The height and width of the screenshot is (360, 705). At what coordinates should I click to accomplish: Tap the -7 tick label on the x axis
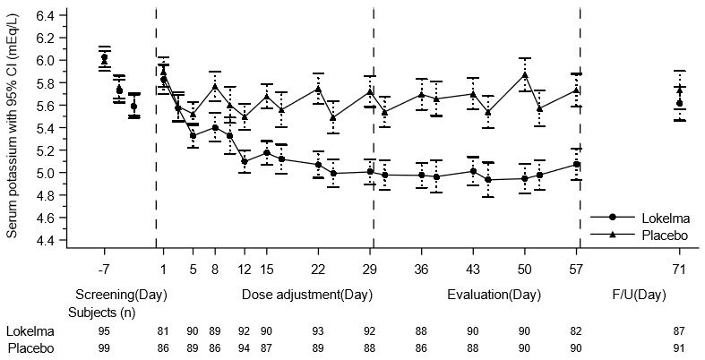point(104,267)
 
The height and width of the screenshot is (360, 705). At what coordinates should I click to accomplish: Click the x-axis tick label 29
point(371,267)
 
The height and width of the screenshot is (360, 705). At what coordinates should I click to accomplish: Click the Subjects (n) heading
point(102,312)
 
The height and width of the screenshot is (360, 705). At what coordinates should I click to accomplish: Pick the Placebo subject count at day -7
point(104,347)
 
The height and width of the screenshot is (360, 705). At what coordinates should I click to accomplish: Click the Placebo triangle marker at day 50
point(525,75)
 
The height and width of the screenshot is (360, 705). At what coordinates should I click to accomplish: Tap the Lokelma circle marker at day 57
point(577,164)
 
